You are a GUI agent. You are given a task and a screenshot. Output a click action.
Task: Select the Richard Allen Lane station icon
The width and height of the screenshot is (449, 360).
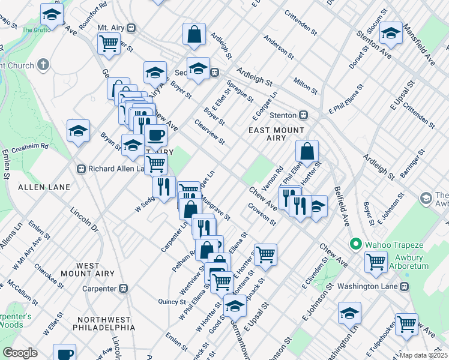82,169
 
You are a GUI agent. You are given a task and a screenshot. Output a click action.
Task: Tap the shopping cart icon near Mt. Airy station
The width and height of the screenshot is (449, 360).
109,43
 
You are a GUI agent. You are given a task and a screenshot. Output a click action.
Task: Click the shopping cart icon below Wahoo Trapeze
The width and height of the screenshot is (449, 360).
376,262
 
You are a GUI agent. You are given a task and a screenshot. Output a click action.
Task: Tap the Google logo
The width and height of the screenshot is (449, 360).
20,353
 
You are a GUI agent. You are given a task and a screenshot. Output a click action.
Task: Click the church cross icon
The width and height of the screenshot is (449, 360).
43,64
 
